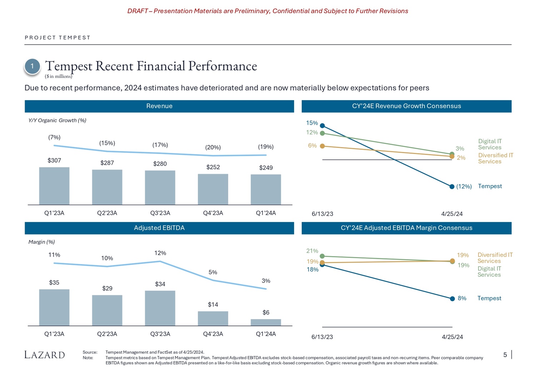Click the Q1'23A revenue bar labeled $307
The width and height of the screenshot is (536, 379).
point(54,186)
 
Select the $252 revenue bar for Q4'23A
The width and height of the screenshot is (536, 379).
point(213,189)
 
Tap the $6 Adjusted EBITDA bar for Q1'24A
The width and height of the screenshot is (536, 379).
point(266,322)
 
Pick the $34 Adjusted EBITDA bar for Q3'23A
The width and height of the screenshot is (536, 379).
point(160,308)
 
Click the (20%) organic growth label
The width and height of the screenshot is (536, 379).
point(213,147)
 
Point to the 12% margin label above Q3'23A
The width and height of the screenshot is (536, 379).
point(160,253)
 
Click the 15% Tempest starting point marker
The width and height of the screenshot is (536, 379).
point(322,125)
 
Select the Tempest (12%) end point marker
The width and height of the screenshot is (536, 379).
point(452,187)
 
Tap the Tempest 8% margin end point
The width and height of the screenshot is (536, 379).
point(452,299)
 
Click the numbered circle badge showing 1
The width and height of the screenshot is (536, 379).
point(32,67)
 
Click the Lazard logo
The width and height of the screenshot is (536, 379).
point(45,355)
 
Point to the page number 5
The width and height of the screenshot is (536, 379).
point(505,355)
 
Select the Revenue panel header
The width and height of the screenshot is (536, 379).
point(159,106)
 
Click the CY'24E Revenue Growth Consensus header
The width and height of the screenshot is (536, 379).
point(406,106)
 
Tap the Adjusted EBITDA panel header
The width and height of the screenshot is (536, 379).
point(159,228)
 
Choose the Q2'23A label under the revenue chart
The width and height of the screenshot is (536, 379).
point(107,213)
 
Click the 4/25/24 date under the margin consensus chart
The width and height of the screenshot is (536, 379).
point(452,337)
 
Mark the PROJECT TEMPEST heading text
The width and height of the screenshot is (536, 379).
point(58,38)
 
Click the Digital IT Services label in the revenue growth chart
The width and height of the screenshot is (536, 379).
point(490,144)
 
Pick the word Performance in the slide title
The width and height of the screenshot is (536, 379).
point(223,66)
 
